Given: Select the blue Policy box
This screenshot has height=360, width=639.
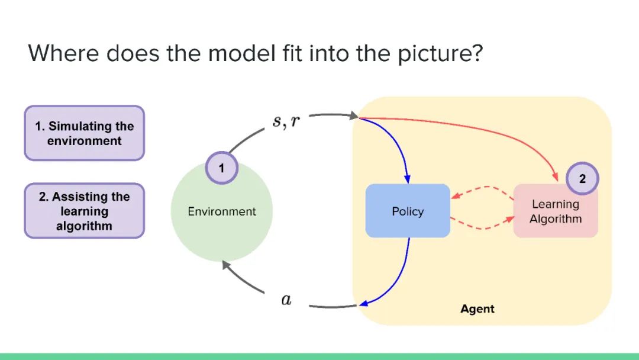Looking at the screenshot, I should click(408, 211).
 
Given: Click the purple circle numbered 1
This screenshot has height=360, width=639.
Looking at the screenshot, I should click(221, 168).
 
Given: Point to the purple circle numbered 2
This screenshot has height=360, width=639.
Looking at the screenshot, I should click(582, 179).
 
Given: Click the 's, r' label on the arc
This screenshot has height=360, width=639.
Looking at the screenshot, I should click(286, 122).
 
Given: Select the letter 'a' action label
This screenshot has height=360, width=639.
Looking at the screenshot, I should click(286, 300).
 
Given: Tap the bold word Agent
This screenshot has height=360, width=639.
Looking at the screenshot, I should click(477, 309).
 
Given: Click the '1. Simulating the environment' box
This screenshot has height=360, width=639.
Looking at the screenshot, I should click(84, 133).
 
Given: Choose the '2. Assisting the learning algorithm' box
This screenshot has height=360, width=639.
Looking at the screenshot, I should click(84, 211).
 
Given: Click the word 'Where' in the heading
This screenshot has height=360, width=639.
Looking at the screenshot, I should click(64, 53).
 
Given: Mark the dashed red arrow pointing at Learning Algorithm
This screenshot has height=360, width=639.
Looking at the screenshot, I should click(482, 227).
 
